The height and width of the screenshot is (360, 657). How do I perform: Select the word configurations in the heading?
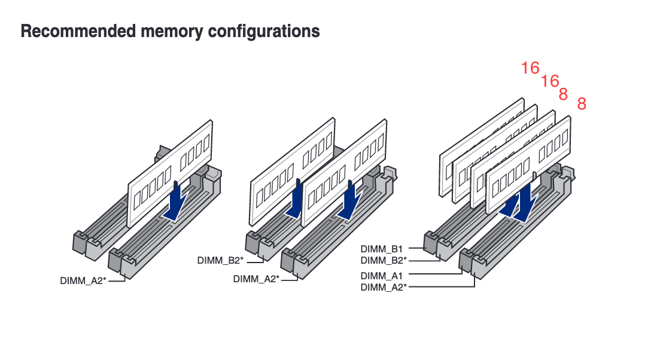coord(263,31)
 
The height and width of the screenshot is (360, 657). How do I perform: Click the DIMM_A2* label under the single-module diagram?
coord(83,280)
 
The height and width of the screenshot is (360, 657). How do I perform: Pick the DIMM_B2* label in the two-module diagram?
coord(220,260)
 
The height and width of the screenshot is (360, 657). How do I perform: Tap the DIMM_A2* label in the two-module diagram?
coord(256,279)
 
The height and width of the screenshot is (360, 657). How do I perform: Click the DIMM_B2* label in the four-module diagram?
coord(384,260)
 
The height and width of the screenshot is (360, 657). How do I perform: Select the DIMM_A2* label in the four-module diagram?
coord(384,288)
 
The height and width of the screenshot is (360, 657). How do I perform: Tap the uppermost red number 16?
coord(530,68)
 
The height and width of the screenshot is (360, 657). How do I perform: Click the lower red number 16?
coord(550,81)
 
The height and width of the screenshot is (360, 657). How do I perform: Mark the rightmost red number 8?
coord(582,105)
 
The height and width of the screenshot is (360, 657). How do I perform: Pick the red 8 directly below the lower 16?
coord(563,94)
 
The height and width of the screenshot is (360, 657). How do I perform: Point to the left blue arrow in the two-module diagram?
coord(295,203)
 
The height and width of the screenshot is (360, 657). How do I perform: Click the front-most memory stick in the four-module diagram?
coord(527,167)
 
